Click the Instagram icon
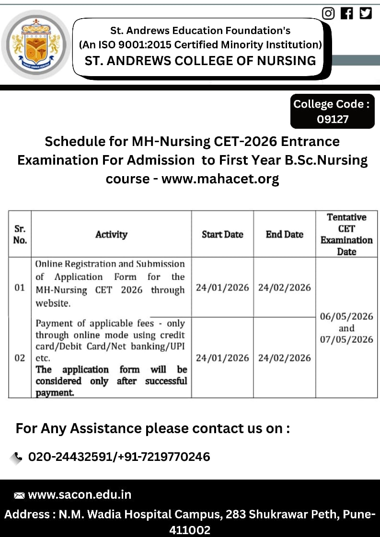tap(328, 13)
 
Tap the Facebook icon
tap(347, 13)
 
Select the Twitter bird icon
tap(366, 13)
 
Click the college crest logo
tap(36, 45)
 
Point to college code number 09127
tap(333, 119)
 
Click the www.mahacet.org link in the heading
tap(220, 179)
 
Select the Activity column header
tap(111, 235)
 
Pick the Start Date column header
tap(222, 235)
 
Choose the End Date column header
tap(285, 235)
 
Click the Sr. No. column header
tap(20, 235)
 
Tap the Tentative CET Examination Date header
tap(346, 235)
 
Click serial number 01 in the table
tap(20, 288)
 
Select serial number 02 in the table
tap(20, 358)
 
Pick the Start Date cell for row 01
tap(222, 288)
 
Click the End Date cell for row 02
tap(285, 358)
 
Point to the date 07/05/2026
tap(346, 339)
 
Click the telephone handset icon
tap(18, 457)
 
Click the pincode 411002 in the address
tap(190, 530)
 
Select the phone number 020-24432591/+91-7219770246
tap(119, 457)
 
